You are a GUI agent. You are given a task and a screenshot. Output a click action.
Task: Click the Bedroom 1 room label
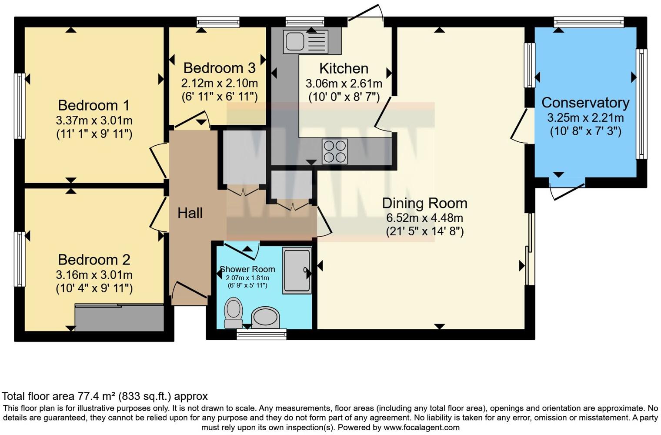[x=94, y=105]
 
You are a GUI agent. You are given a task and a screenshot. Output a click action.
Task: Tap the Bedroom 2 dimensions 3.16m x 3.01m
[x=94, y=275]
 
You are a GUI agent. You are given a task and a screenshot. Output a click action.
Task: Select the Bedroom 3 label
[x=219, y=68]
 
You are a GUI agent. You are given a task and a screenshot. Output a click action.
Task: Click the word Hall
[x=190, y=213]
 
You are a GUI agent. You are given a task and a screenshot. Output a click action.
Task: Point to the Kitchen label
[x=344, y=68]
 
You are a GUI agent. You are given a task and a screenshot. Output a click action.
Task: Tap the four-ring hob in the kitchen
[x=334, y=151]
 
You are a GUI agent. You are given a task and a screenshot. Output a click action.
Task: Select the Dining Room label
[x=424, y=203]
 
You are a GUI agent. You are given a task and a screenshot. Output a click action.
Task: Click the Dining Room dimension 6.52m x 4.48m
[x=424, y=217]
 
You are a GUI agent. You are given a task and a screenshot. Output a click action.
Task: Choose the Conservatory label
[x=585, y=103]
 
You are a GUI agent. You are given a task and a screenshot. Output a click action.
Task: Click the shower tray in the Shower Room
[x=297, y=270]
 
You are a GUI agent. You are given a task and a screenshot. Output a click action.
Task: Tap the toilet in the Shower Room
[x=234, y=312]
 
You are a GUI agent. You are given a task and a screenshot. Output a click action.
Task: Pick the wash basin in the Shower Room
[x=265, y=316]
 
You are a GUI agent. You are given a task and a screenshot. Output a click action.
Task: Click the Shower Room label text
[x=247, y=269]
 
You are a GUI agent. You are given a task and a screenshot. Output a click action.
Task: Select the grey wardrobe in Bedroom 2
[x=120, y=318]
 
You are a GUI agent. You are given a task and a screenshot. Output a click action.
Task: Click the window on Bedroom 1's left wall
[x=20, y=106]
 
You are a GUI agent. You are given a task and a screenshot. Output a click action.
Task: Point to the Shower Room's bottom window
[x=261, y=334]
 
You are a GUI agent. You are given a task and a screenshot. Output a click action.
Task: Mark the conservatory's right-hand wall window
[x=641, y=104]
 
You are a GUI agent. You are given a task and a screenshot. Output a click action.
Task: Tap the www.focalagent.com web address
[x=421, y=427]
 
